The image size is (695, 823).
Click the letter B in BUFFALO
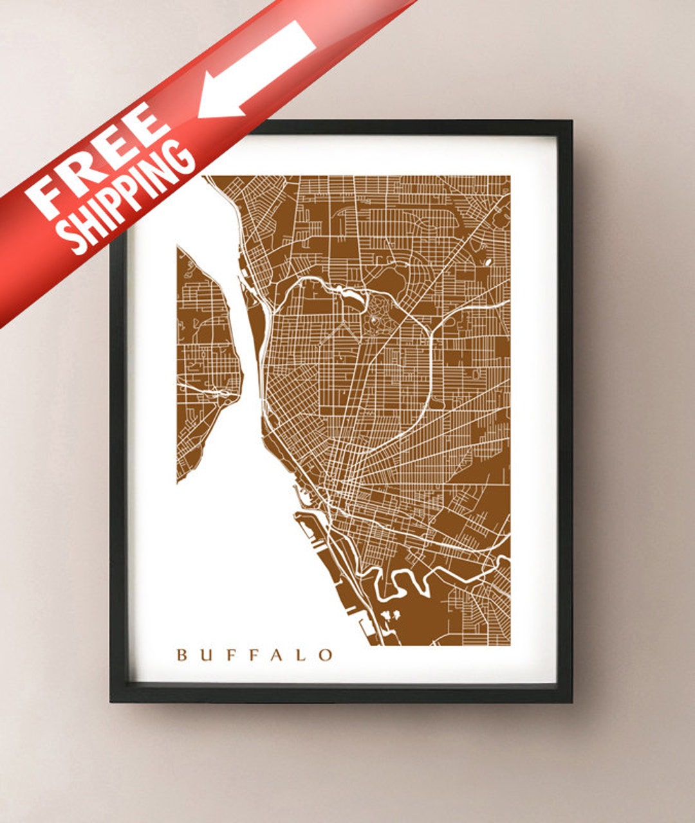(x=182, y=655)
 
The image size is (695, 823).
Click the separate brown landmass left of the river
(x=205, y=360)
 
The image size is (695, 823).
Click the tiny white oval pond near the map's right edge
(x=487, y=262)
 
